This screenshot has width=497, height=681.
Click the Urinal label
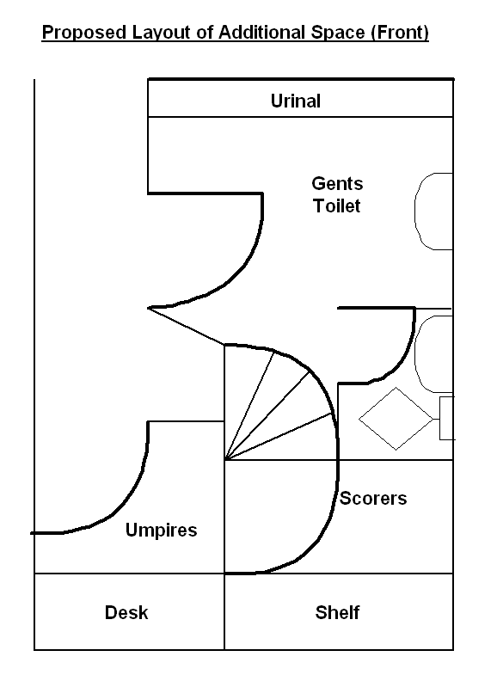coord(296,101)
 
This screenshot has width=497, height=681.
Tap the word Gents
coord(337,183)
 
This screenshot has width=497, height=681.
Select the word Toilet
coord(337,206)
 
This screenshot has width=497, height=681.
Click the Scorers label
coord(373,498)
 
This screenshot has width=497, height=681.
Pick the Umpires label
coord(161,531)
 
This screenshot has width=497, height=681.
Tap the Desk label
coord(126,612)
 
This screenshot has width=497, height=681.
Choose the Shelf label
coord(338,612)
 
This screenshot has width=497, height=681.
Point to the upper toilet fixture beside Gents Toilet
coord(416,212)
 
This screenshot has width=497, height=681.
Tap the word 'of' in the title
coord(205,33)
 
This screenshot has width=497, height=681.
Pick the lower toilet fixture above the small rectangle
coord(416,354)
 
